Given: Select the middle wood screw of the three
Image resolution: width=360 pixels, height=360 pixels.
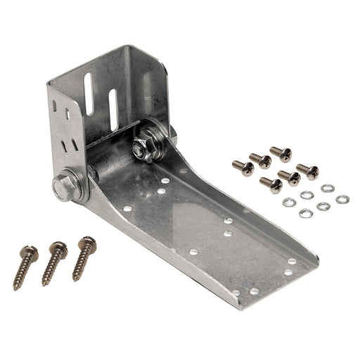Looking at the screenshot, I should point(53,262).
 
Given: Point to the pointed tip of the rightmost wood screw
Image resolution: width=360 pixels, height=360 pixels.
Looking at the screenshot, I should point(75,278).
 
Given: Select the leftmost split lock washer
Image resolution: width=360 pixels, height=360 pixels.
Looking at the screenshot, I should point(288,202).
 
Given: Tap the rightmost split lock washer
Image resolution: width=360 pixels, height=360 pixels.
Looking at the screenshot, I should point(342,200).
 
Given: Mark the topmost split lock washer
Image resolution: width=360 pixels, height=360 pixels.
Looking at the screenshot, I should point(327,188).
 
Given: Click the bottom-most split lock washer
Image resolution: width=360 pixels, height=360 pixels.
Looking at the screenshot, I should point(306,212).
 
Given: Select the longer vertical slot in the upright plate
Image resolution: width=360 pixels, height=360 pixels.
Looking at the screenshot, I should point(89,95).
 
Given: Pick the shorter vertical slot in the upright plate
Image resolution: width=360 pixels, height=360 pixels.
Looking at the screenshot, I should point(113,108).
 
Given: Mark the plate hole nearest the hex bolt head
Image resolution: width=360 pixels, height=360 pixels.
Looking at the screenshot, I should point(128,208).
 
